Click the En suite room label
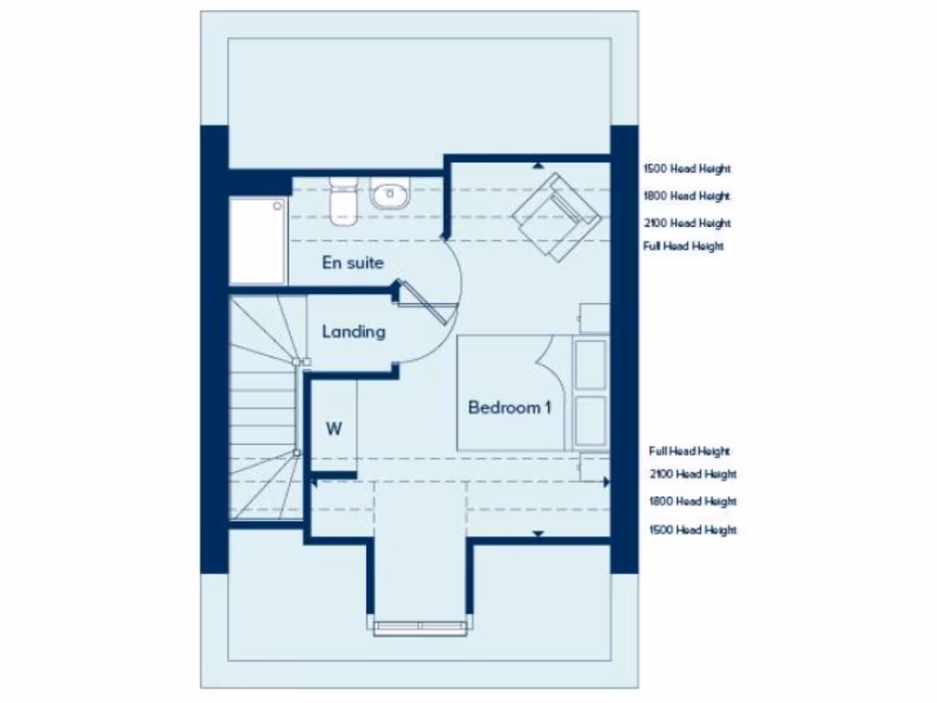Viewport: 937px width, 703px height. pyautogui.click(x=352, y=264)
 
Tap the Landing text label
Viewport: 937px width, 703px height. pyautogui.click(x=353, y=332)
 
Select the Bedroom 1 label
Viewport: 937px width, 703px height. pyautogui.click(x=510, y=408)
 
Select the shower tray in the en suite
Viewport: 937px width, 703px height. pyautogui.click(x=258, y=241)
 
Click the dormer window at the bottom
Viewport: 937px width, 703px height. pyautogui.click(x=421, y=626)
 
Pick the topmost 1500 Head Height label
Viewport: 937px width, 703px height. pyautogui.click(x=687, y=169)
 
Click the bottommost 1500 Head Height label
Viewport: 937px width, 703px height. pyautogui.click(x=693, y=531)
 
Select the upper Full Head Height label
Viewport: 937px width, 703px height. pyautogui.click(x=684, y=247)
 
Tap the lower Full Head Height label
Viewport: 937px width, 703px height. pyautogui.click(x=689, y=451)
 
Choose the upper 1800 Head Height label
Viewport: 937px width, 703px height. pyautogui.click(x=687, y=196)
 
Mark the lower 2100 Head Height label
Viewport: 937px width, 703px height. pyautogui.click(x=693, y=474)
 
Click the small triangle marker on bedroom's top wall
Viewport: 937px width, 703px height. pyautogui.click(x=538, y=166)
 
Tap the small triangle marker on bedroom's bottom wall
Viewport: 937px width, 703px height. pyautogui.click(x=538, y=533)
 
